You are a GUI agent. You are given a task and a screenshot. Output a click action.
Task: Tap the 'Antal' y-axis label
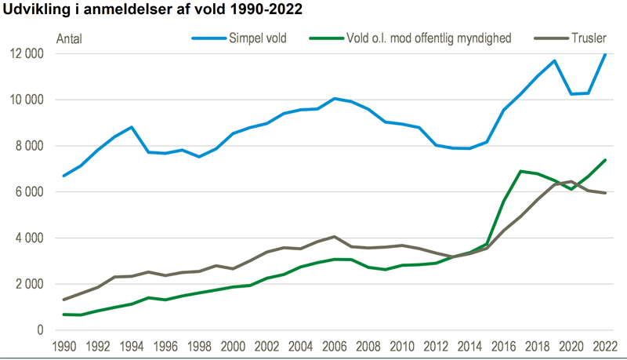(x=70, y=38)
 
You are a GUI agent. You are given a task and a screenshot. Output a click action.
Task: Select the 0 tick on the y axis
(x=40, y=330)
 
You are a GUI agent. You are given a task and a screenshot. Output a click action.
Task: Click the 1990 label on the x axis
(x=64, y=346)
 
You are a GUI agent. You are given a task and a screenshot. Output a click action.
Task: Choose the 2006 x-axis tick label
(x=335, y=346)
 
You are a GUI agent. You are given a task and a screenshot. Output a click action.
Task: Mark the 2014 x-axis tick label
(x=469, y=346)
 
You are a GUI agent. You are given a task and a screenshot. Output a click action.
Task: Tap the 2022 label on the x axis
(x=604, y=346)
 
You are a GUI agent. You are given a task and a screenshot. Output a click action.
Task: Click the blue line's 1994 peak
(x=132, y=127)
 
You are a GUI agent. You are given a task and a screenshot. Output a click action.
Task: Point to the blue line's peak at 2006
(x=335, y=98)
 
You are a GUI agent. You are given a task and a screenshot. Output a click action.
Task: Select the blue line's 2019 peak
(x=554, y=60)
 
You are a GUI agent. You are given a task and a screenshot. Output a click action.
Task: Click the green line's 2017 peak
(x=520, y=171)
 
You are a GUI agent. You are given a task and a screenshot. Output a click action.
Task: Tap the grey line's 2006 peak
(x=335, y=236)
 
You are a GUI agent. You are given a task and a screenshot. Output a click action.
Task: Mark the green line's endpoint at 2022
(x=604, y=160)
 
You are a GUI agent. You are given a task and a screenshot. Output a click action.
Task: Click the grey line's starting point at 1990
(x=64, y=300)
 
